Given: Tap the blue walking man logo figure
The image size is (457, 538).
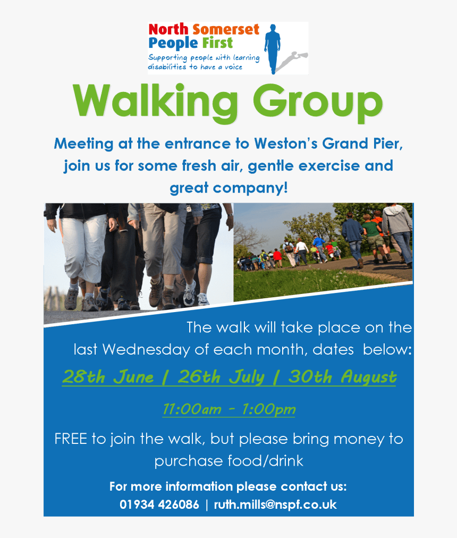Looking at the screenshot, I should (274, 48).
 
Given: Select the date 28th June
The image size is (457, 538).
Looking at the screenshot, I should (108, 377).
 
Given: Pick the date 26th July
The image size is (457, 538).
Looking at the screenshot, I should (221, 377).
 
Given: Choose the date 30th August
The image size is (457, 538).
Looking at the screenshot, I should (342, 377).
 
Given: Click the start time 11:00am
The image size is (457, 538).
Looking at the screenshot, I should (191, 409).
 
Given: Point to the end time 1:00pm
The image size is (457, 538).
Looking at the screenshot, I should (268, 409).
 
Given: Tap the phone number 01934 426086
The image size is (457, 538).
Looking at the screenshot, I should (159, 505).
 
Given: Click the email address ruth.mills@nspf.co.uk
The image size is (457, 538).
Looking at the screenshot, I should (275, 505).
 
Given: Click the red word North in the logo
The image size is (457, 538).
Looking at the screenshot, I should (168, 30).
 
